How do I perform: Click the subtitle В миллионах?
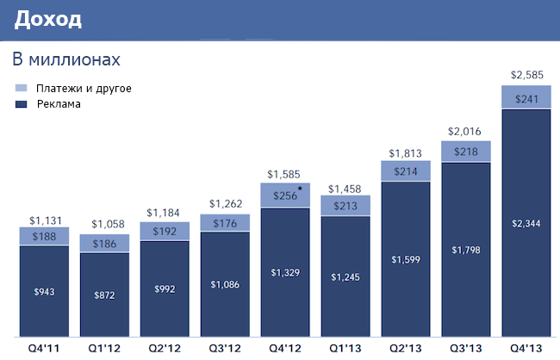point(65,60)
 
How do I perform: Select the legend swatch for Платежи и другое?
point(22,89)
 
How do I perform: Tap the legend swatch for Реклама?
point(22,104)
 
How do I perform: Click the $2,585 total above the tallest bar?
point(526,75)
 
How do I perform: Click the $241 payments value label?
point(526,98)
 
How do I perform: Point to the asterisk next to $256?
point(300,188)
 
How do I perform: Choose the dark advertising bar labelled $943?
point(45,290)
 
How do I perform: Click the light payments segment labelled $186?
point(104,245)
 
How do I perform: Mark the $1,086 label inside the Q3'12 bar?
point(225,283)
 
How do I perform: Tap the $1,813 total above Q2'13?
point(405,153)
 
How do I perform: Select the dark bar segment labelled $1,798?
point(465,250)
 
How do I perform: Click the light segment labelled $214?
point(405,171)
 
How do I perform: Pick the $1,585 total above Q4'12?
point(285,176)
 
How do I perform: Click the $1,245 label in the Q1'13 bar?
point(345,276)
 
